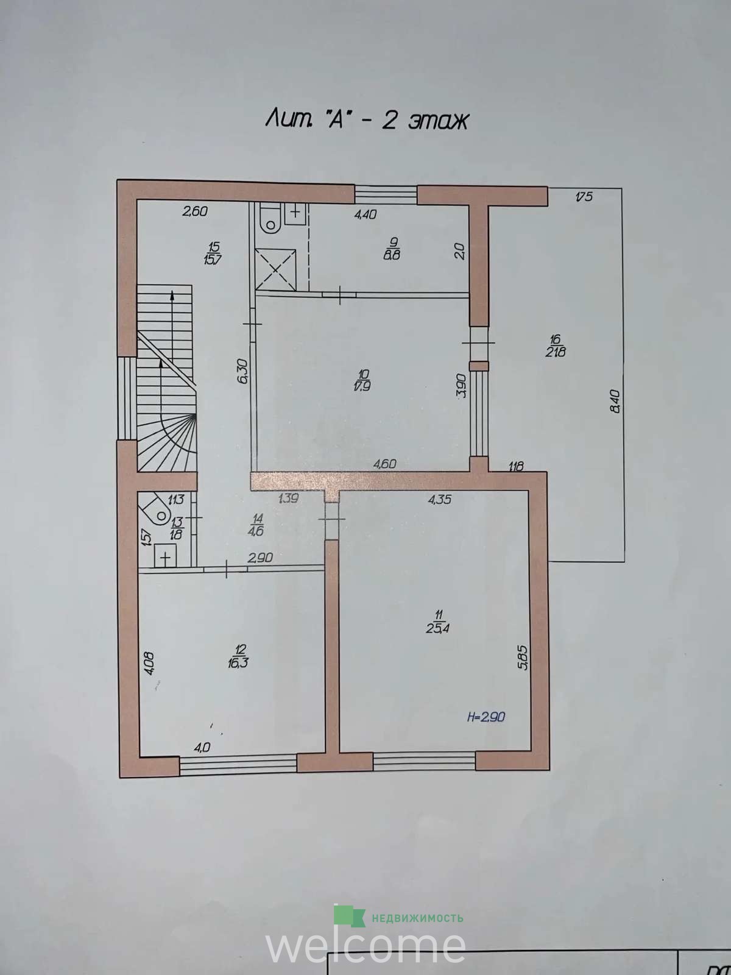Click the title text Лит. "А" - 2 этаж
pos(367,121)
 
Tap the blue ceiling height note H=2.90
pos(487,717)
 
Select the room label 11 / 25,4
pos(439,622)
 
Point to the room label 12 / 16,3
pos(238,656)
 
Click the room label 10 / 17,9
pos(362,380)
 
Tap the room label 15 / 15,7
pos(213,253)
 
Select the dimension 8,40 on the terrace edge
pos(615,402)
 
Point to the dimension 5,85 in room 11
pos(524,657)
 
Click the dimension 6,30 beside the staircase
pos(244,371)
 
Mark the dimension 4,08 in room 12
pos(149,663)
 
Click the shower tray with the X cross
pos(275,269)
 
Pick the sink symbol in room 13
pos(166,556)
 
